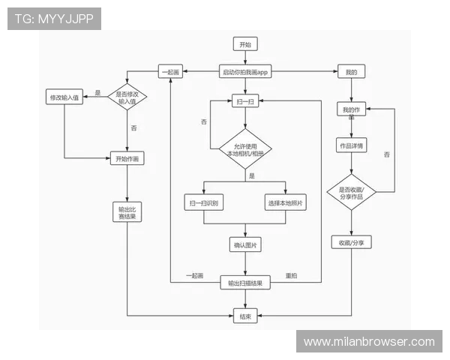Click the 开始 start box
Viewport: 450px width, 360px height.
(245, 44)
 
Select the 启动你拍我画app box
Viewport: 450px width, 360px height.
(245, 71)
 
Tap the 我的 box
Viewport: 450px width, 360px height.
(351, 71)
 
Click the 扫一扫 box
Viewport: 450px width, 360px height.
(245, 101)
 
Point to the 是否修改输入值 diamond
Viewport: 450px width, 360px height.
(127, 97)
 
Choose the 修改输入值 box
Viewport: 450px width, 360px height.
(64, 97)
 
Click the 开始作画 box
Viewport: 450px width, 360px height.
(127, 158)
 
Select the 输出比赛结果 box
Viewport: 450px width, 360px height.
(127, 212)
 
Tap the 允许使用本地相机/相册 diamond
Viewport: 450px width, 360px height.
(245, 149)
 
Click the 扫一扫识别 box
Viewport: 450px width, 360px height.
(204, 202)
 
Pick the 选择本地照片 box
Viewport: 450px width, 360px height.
(285, 202)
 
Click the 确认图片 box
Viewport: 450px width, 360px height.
(245, 244)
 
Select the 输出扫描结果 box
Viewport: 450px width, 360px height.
(245, 283)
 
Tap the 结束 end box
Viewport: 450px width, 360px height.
(245, 316)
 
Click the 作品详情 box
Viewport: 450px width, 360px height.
(351, 145)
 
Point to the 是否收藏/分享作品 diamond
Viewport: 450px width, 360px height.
(351, 192)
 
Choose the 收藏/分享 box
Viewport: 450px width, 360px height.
(351, 242)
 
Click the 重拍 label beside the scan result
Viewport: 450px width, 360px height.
(291, 275)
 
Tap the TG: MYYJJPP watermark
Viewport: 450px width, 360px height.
(54, 19)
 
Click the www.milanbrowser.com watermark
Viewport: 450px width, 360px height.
(369, 341)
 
